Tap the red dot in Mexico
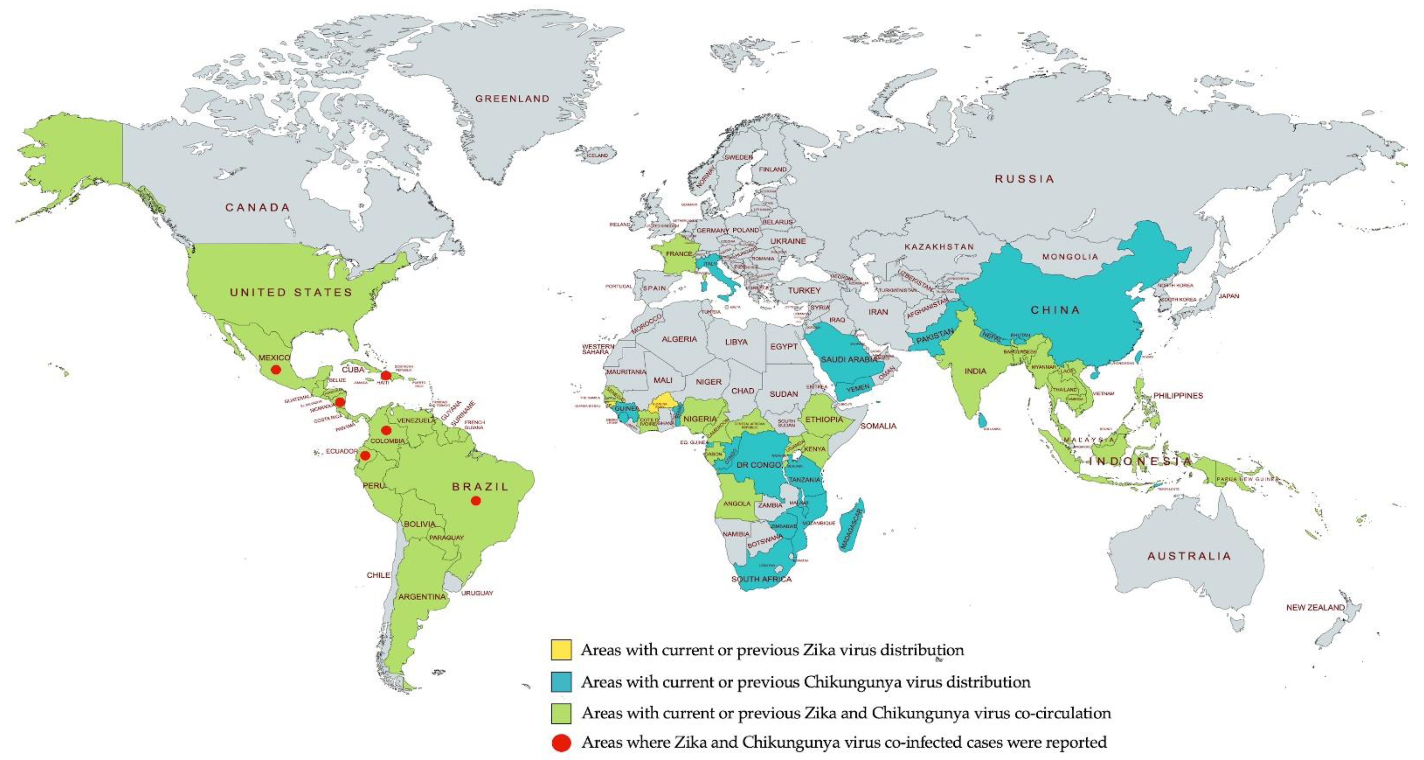click(275, 369)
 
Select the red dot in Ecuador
click(365, 455)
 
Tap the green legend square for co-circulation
click(561, 713)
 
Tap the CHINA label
click(1055, 310)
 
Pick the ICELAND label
click(597, 156)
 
